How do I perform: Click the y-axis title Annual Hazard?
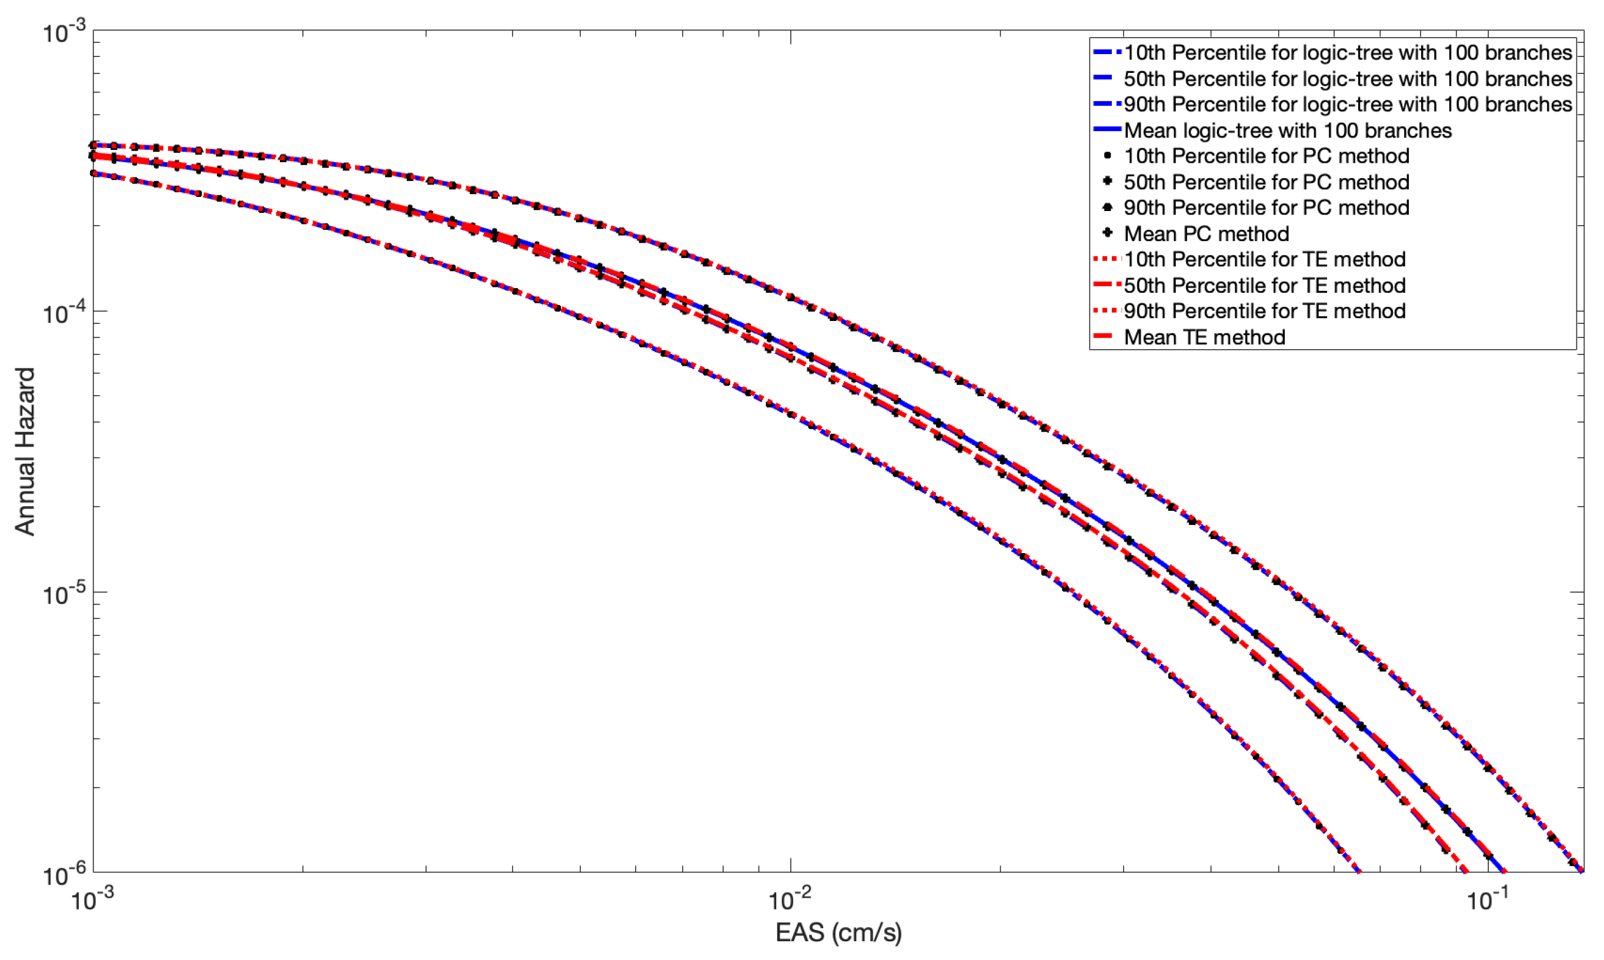point(25,451)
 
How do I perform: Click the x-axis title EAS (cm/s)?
point(838,932)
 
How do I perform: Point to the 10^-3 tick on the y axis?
point(64,32)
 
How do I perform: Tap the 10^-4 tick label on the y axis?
point(64,313)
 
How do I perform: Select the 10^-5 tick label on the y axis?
point(64,594)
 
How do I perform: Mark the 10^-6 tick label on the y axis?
point(64,875)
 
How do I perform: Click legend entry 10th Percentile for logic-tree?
point(1348,52)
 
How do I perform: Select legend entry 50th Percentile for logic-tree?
point(1348,79)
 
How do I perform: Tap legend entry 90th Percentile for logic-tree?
point(1348,104)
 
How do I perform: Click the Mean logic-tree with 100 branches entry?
point(1288,131)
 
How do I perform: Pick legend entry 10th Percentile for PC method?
point(1267,156)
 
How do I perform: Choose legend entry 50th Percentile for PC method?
point(1267,182)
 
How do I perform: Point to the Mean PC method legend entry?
point(1206,233)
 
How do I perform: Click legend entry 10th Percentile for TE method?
point(1264,259)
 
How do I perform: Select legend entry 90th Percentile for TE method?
point(1264,311)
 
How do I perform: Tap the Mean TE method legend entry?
point(1204,337)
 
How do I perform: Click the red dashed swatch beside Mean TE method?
point(1107,336)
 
